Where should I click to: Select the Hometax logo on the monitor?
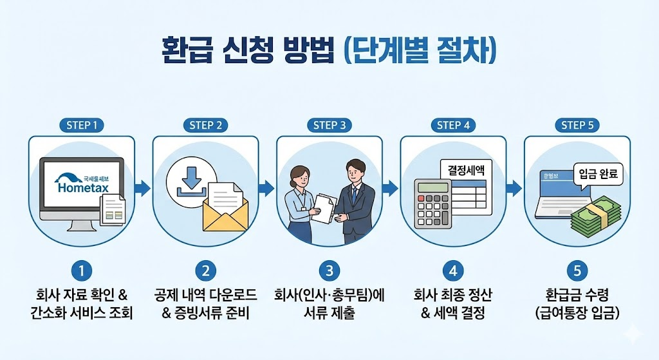(x=82, y=184)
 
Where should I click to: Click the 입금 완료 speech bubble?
(x=597, y=174)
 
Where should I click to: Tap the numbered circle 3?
(x=329, y=271)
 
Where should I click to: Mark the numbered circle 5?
(x=577, y=271)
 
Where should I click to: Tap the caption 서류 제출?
(x=329, y=314)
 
